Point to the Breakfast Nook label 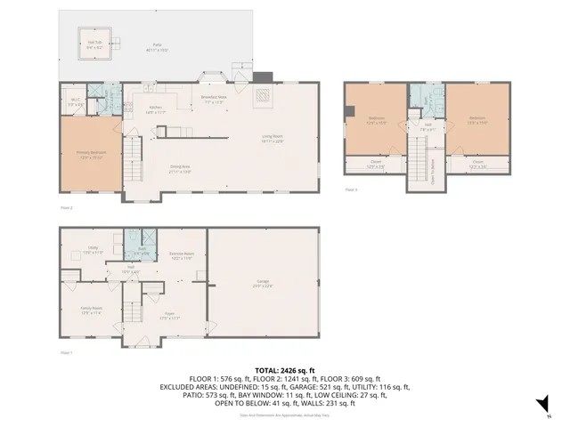pyautogui.click(x=215, y=99)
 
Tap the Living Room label pyautogui.click(x=273, y=138)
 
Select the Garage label pyautogui.click(x=261, y=284)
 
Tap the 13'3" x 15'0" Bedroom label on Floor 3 pyautogui.click(x=477, y=120)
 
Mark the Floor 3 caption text pyautogui.click(x=351, y=189)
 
